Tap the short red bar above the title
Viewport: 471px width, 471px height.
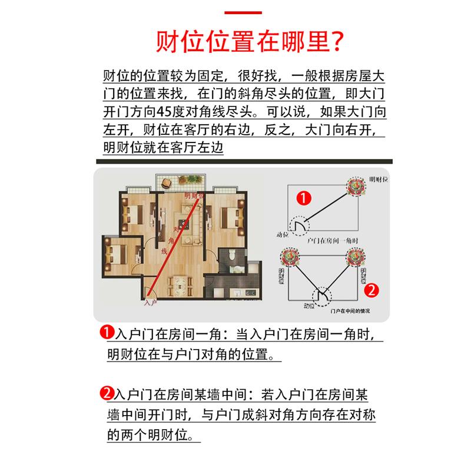[x=243, y=12]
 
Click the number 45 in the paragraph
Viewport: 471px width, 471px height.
[x=164, y=112]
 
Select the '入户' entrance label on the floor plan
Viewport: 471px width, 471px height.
[x=151, y=303]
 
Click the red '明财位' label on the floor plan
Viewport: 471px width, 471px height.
[x=194, y=196]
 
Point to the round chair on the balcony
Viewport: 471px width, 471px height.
[x=167, y=183]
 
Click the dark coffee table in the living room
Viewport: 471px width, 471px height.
[x=184, y=224]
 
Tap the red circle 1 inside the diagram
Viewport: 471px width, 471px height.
[x=304, y=198]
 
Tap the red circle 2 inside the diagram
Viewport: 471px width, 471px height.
[x=372, y=290]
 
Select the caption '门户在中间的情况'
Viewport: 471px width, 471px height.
[x=350, y=311]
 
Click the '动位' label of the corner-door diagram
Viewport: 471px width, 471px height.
[x=283, y=234]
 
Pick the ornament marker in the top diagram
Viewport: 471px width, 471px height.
[x=356, y=186]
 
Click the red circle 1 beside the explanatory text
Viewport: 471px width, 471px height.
[x=107, y=332]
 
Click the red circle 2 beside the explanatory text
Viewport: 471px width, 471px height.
[x=107, y=393]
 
